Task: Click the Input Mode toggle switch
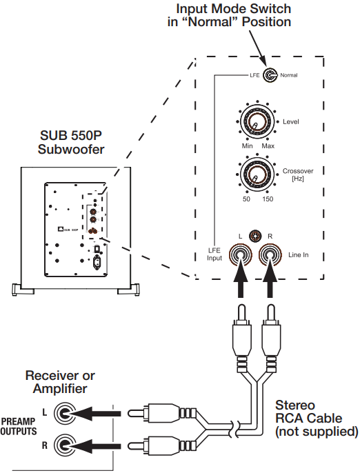pos(268,74)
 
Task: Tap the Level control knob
pos(254,123)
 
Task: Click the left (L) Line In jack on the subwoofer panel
pos(239,256)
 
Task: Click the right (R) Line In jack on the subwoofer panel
pos(270,256)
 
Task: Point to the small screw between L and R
pos(255,236)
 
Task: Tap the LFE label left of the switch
pos(253,74)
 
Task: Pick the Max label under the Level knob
pos(268,148)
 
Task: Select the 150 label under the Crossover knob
pos(269,199)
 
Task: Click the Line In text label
pos(297,255)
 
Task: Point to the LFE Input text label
pos(215,255)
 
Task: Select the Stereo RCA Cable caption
pos(316,419)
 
